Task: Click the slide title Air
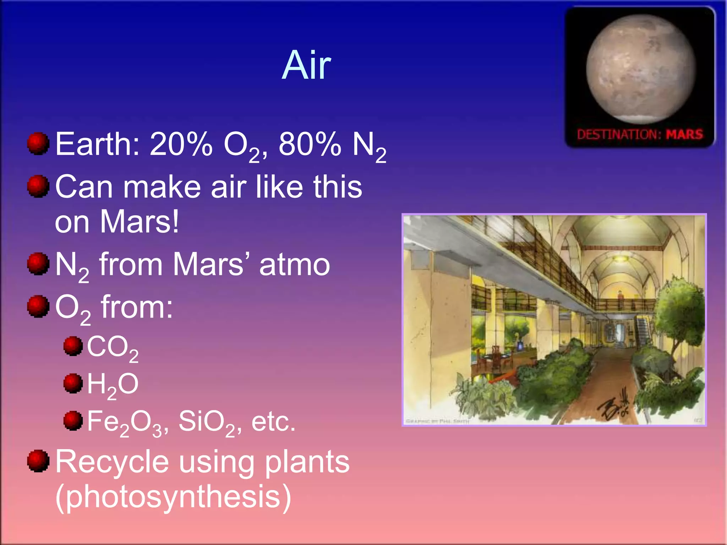tap(306, 65)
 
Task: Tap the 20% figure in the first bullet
tap(181, 144)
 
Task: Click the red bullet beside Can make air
tap(38, 186)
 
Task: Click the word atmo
tap(294, 265)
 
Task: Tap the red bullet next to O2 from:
tap(38, 306)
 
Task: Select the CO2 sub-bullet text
tap(112, 348)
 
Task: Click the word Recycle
tap(112, 462)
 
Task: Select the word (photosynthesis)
tap(173, 497)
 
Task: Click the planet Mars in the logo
tap(640, 70)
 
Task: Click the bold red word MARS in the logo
tap(684, 135)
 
